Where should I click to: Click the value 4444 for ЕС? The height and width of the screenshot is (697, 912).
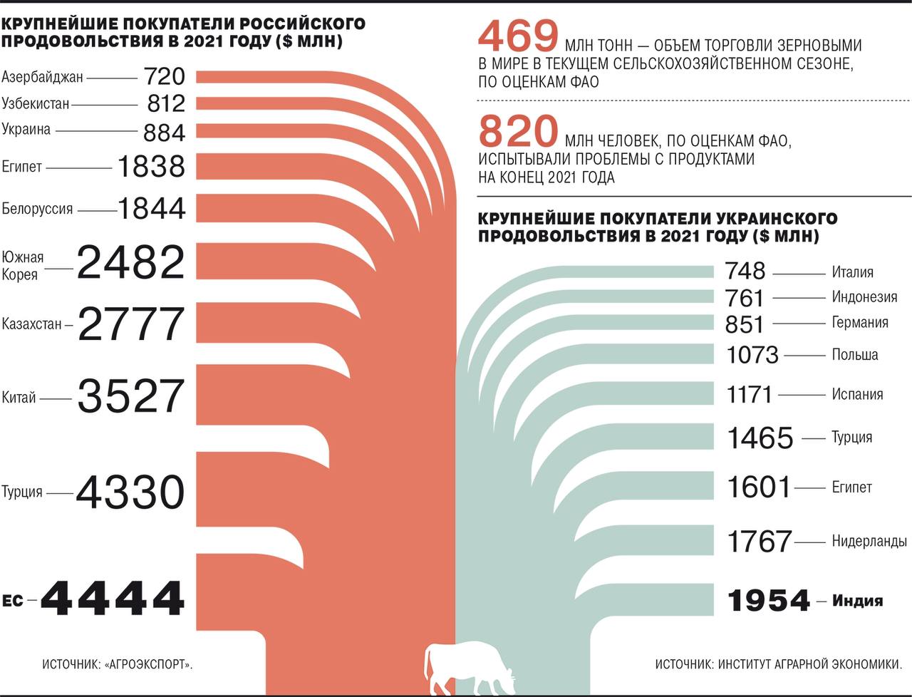[x=113, y=598]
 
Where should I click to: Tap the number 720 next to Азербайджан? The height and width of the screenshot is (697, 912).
[x=164, y=76]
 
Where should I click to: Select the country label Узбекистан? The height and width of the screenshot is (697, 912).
[x=36, y=103]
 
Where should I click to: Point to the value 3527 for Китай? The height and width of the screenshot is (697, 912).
[x=131, y=397]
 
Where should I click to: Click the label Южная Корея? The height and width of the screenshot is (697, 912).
[x=23, y=265]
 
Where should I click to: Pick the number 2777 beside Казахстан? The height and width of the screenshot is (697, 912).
[x=131, y=324]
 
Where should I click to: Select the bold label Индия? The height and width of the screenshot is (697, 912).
[x=857, y=601]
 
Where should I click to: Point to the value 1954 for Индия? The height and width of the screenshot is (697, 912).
[x=769, y=601]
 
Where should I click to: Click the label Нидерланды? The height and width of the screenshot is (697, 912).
[x=869, y=541]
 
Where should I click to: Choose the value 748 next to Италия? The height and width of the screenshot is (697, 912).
[x=745, y=271]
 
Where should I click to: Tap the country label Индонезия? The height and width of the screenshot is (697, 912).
[x=864, y=296]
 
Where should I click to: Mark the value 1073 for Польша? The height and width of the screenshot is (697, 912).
[x=752, y=354]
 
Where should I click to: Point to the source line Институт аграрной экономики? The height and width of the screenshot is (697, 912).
[x=779, y=664]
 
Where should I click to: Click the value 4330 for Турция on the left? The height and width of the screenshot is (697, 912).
[x=130, y=492]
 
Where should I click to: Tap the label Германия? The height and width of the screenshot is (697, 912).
[x=860, y=322]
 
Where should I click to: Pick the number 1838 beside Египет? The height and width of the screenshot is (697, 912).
[x=151, y=167]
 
